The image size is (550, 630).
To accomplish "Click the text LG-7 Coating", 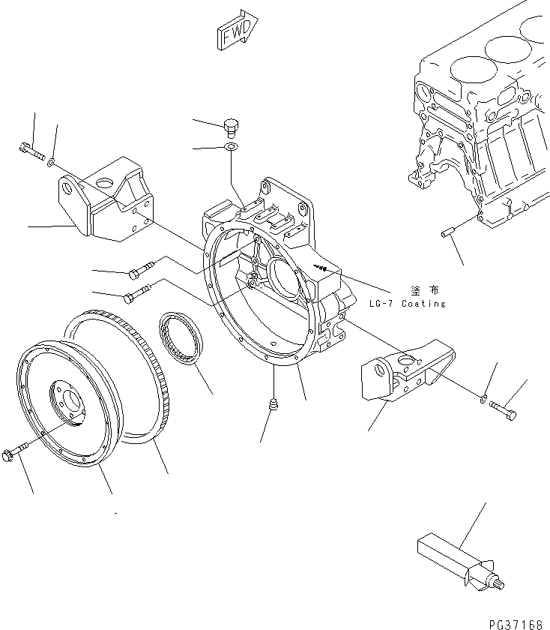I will tap(408, 304).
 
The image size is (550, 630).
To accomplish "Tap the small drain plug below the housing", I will tap(274, 406).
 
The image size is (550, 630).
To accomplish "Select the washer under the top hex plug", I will tap(232, 146).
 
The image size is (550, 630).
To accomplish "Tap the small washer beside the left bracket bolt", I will tap(50, 161).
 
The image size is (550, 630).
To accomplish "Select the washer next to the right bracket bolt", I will tap(483, 397).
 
